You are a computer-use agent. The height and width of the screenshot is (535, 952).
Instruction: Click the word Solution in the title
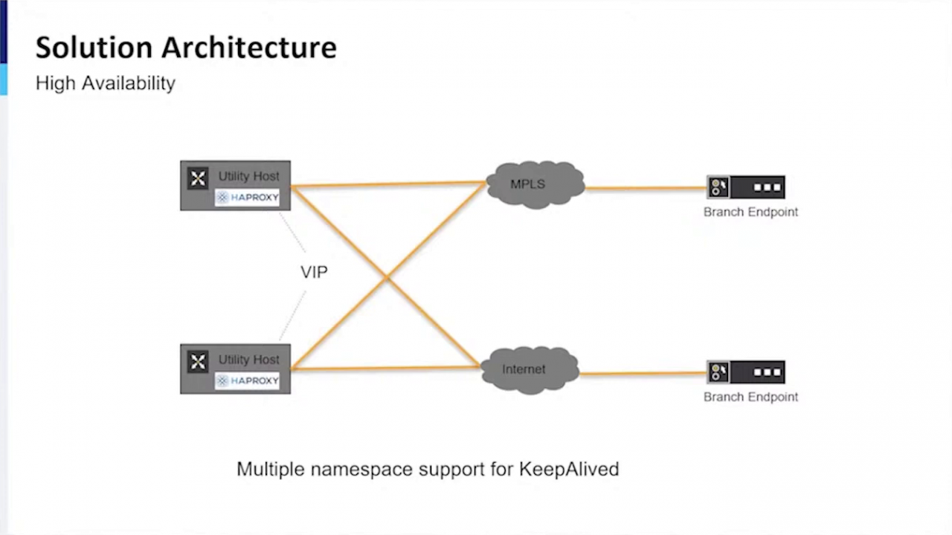click(x=94, y=47)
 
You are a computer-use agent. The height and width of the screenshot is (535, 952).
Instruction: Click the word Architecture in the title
click(x=249, y=47)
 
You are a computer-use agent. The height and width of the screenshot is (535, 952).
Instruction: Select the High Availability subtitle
click(x=105, y=82)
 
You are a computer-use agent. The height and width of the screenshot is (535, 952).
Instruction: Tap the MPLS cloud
click(x=534, y=184)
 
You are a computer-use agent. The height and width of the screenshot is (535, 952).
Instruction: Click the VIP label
click(x=314, y=272)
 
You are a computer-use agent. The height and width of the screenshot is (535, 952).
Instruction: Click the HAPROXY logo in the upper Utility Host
click(x=247, y=198)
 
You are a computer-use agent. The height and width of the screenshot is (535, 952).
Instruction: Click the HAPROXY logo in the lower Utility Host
click(x=247, y=380)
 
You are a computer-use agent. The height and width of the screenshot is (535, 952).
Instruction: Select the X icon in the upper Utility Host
click(x=198, y=178)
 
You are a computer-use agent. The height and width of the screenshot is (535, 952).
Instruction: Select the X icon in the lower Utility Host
click(x=198, y=362)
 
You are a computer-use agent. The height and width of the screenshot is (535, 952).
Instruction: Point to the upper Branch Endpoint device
click(x=746, y=187)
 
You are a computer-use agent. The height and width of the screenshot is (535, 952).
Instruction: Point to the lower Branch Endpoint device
click(x=746, y=372)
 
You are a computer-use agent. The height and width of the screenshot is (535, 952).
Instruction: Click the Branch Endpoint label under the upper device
click(x=750, y=212)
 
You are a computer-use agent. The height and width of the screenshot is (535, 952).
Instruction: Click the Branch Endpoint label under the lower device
click(x=750, y=397)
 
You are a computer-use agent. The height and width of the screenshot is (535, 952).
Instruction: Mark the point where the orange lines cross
click(x=387, y=279)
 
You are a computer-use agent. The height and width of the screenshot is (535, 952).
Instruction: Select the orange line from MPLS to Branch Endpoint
click(x=646, y=188)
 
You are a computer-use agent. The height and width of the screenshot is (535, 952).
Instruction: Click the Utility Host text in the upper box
click(x=248, y=176)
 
